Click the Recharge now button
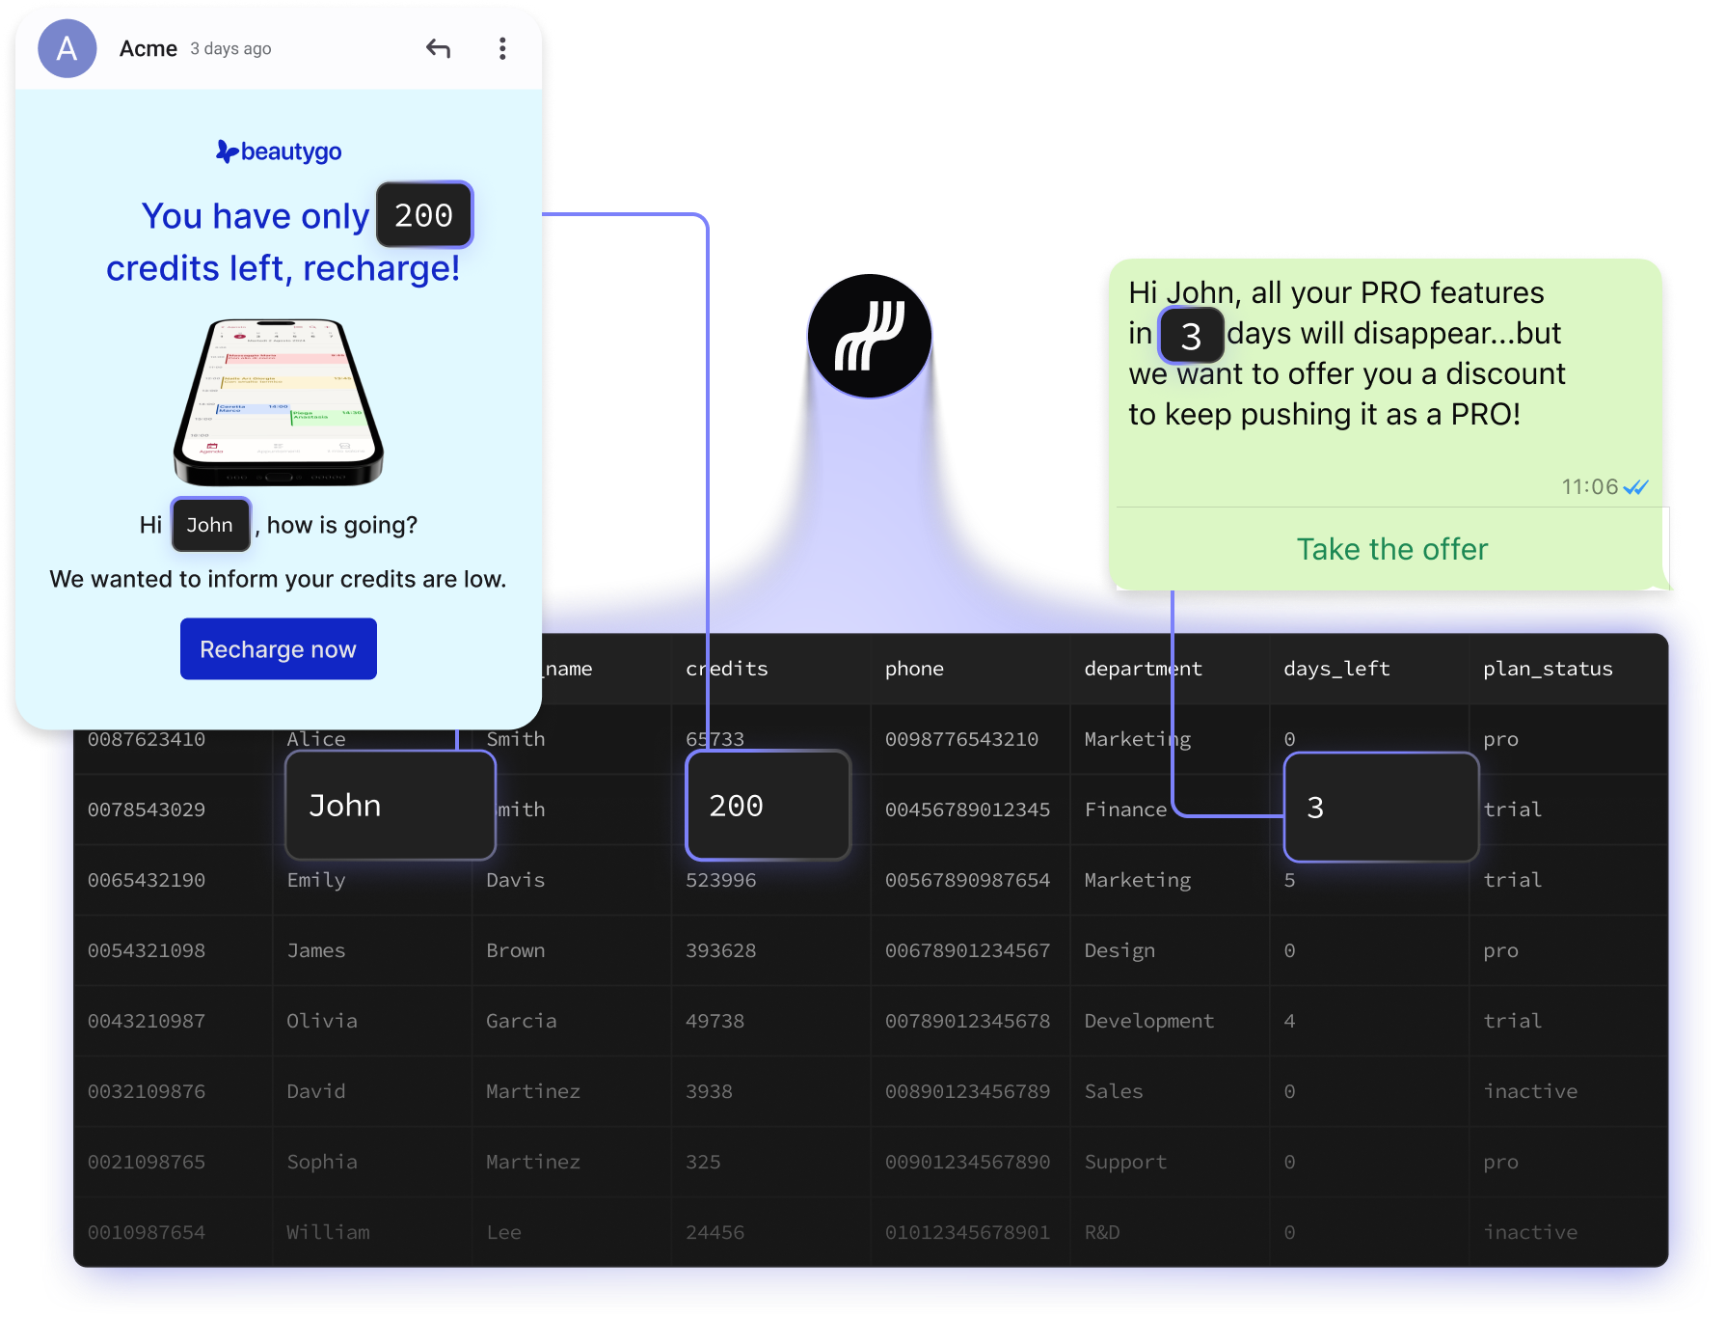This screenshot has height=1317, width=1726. coord(278,649)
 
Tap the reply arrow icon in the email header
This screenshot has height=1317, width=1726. coord(439,48)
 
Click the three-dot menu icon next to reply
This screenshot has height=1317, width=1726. coord(502,48)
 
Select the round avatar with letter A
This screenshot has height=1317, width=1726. coord(67,48)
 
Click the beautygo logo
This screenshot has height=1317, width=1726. coord(279,151)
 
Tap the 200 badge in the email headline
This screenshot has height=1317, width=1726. coord(423,215)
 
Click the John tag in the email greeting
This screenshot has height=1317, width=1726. coord(210,525)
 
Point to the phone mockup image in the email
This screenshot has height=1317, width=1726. coord(278,401)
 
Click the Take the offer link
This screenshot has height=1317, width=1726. coord(1391,549)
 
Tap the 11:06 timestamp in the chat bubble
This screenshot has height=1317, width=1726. coord(1589,486)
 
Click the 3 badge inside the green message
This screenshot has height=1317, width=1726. coord(1191,336)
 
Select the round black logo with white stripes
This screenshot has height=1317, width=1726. coord(870,336)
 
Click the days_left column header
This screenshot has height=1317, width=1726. coord(1336,669)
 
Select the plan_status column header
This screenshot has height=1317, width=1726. coord(1548,669)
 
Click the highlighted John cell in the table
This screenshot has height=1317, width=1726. coord(390,806)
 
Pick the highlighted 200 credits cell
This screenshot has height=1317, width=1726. coord(768,806)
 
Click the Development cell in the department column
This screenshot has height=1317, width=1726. coord(1148,1021)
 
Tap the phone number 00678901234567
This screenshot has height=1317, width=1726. coord(967,950)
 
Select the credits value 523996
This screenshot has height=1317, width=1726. coord(720,880)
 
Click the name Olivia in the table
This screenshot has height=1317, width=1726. coord(322,1021)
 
